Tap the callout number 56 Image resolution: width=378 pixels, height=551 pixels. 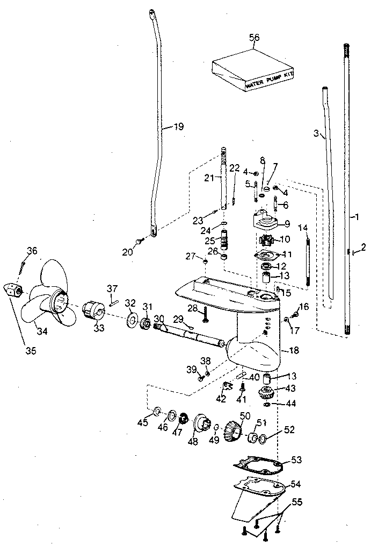pyautogui.click(x=255, y=37)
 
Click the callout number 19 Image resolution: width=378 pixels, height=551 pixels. pyautogui.click(x=178, y=127)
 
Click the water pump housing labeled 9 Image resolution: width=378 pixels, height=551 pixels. pyautogui.click(x=264, y=222)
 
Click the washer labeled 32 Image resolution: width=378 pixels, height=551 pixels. pyautogui.click(x=130, y=321)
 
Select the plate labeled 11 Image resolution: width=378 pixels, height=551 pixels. pyautogui.click(x=266, y=256)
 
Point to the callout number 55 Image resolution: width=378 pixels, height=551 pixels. pyautogui.click(x=297, y=502)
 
